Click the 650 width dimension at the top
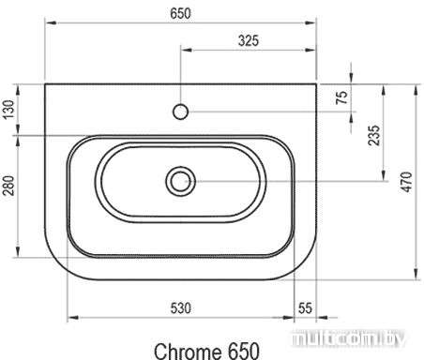coord(180,13)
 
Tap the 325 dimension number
coord(249,40)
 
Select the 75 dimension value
coord(341,97)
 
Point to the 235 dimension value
coord(373,135)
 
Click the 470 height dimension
coord(407,182)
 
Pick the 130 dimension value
coord(8,110)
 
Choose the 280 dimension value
coord(8,186)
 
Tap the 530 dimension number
coord(180,308)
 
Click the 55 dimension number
coord(305,308)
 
